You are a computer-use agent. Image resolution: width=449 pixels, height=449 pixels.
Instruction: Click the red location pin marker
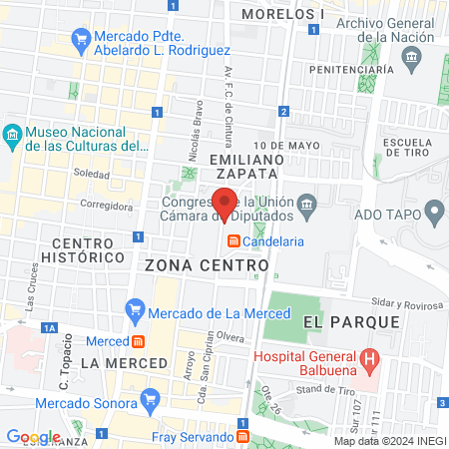click(x=225, y=203)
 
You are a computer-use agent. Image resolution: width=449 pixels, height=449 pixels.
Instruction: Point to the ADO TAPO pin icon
click(x=434, y=212)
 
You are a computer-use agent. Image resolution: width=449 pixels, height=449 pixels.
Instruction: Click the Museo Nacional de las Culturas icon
click(x=12, y=135)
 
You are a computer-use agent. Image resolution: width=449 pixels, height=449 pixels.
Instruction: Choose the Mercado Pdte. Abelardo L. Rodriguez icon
click(x=81, y=40)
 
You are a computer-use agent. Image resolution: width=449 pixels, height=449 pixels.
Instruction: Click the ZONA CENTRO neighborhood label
click(x=207, y=266)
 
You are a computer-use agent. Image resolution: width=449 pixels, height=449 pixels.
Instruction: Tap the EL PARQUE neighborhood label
click(x=351, y=321)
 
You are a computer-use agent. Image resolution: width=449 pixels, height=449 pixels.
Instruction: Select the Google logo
click(x=33, y=436)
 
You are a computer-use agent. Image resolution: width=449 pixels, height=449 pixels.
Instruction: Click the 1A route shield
click(x=49, y=326)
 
